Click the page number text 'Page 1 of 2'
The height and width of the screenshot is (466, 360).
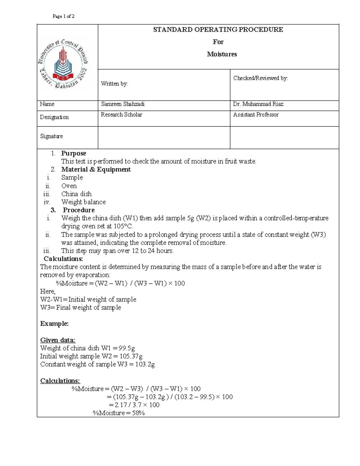click(63, 16)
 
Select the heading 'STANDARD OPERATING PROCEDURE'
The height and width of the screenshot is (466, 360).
click(218, 29)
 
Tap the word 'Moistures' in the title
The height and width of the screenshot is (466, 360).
click(222, 54)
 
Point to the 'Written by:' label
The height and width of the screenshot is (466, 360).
click(114, 84)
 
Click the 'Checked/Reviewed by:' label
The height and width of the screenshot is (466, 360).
click(260, 78)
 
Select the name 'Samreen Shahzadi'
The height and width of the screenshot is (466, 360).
click(123, 104)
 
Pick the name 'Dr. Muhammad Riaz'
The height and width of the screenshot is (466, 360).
click(258, 104)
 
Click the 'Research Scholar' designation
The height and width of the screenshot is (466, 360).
click(121, 115)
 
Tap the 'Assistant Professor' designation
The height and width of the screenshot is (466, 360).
click(256, 115)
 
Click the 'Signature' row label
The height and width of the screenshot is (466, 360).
click(51, 136)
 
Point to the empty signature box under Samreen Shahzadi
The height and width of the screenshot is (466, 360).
click(164, 137)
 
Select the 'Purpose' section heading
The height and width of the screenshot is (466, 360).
click(73, 153)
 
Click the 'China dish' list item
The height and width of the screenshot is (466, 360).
click(76, 194)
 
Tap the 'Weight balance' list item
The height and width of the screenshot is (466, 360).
click(83, 202)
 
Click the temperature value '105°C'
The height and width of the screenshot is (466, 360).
click(122, 226)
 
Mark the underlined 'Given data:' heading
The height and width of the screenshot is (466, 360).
click(58, 340)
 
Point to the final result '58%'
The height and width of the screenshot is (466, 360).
click(138, 413)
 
